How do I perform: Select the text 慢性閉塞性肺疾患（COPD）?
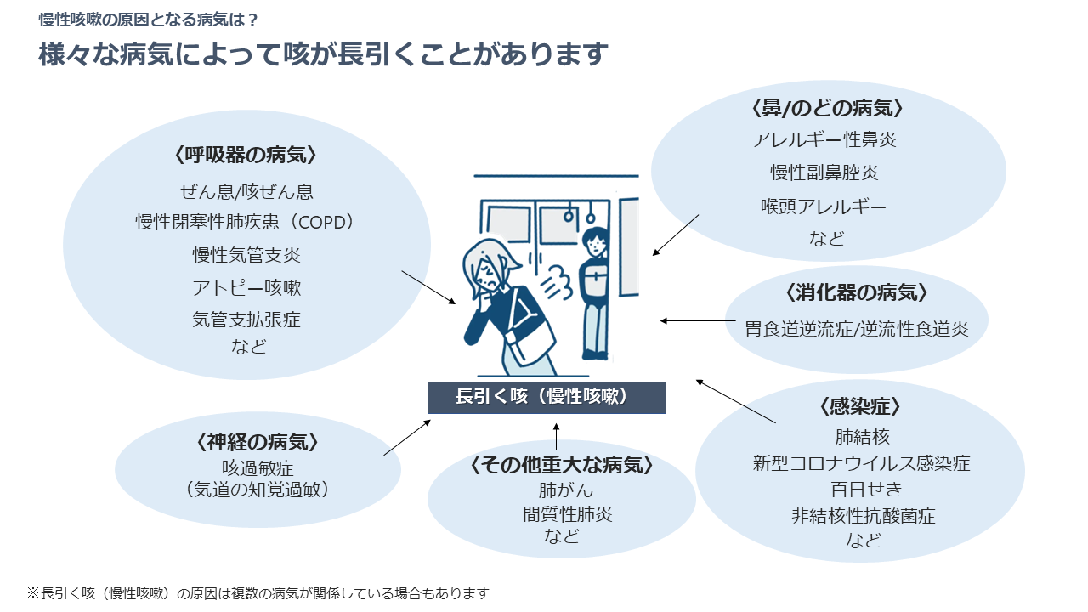(246, 222)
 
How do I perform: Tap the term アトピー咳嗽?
(246, 287)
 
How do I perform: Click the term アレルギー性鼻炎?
(824, 139)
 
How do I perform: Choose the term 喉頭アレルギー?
(824, 206)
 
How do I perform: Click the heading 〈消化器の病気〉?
(856, 292)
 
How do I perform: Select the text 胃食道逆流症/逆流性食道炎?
(851, 328)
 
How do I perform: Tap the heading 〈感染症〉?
(859, 406)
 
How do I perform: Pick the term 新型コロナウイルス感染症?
(861, 463)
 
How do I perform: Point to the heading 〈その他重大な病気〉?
(561, 465)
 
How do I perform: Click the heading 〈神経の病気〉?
(258, 442)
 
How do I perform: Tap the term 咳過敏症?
(258, 467)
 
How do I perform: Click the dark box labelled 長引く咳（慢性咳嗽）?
(547, 397)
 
